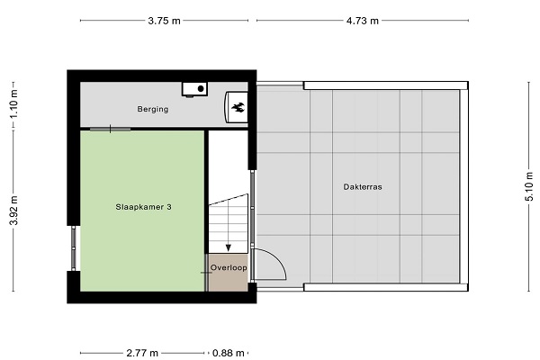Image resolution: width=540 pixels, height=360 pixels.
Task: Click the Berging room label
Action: (x=153, y=109)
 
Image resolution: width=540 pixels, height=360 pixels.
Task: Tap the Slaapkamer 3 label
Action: (x=144, y=207)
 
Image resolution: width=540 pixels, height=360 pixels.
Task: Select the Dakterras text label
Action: (x=363, y=187)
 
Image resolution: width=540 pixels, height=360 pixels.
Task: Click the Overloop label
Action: (x=229, y=267)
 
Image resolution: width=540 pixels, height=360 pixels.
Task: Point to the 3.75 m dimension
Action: (x=165, y=21)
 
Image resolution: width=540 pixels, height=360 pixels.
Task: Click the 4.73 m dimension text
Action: (x=363, y=21)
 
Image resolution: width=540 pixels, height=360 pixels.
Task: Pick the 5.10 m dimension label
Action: (x=530, y=186)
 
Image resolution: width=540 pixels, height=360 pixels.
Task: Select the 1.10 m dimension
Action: (x=13, y=103)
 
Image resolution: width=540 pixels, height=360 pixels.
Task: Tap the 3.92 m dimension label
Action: (x=13, y=210)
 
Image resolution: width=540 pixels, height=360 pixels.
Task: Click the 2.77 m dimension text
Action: (x=142, y=353)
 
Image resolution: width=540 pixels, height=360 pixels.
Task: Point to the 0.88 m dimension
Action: (x=229, y=353)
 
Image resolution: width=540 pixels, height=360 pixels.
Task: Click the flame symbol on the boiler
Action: (x=238, y=107)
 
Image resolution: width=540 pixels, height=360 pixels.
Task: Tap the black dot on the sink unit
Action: (x=201, y=89)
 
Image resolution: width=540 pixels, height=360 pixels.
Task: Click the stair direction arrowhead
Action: (x=228, y=247)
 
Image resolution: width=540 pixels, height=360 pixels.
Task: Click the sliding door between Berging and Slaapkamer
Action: (x=110, y=130)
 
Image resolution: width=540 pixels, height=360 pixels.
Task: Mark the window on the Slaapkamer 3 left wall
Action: (x=74, y=248)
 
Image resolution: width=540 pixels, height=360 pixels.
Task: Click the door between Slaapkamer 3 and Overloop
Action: (x=206, y=273)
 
